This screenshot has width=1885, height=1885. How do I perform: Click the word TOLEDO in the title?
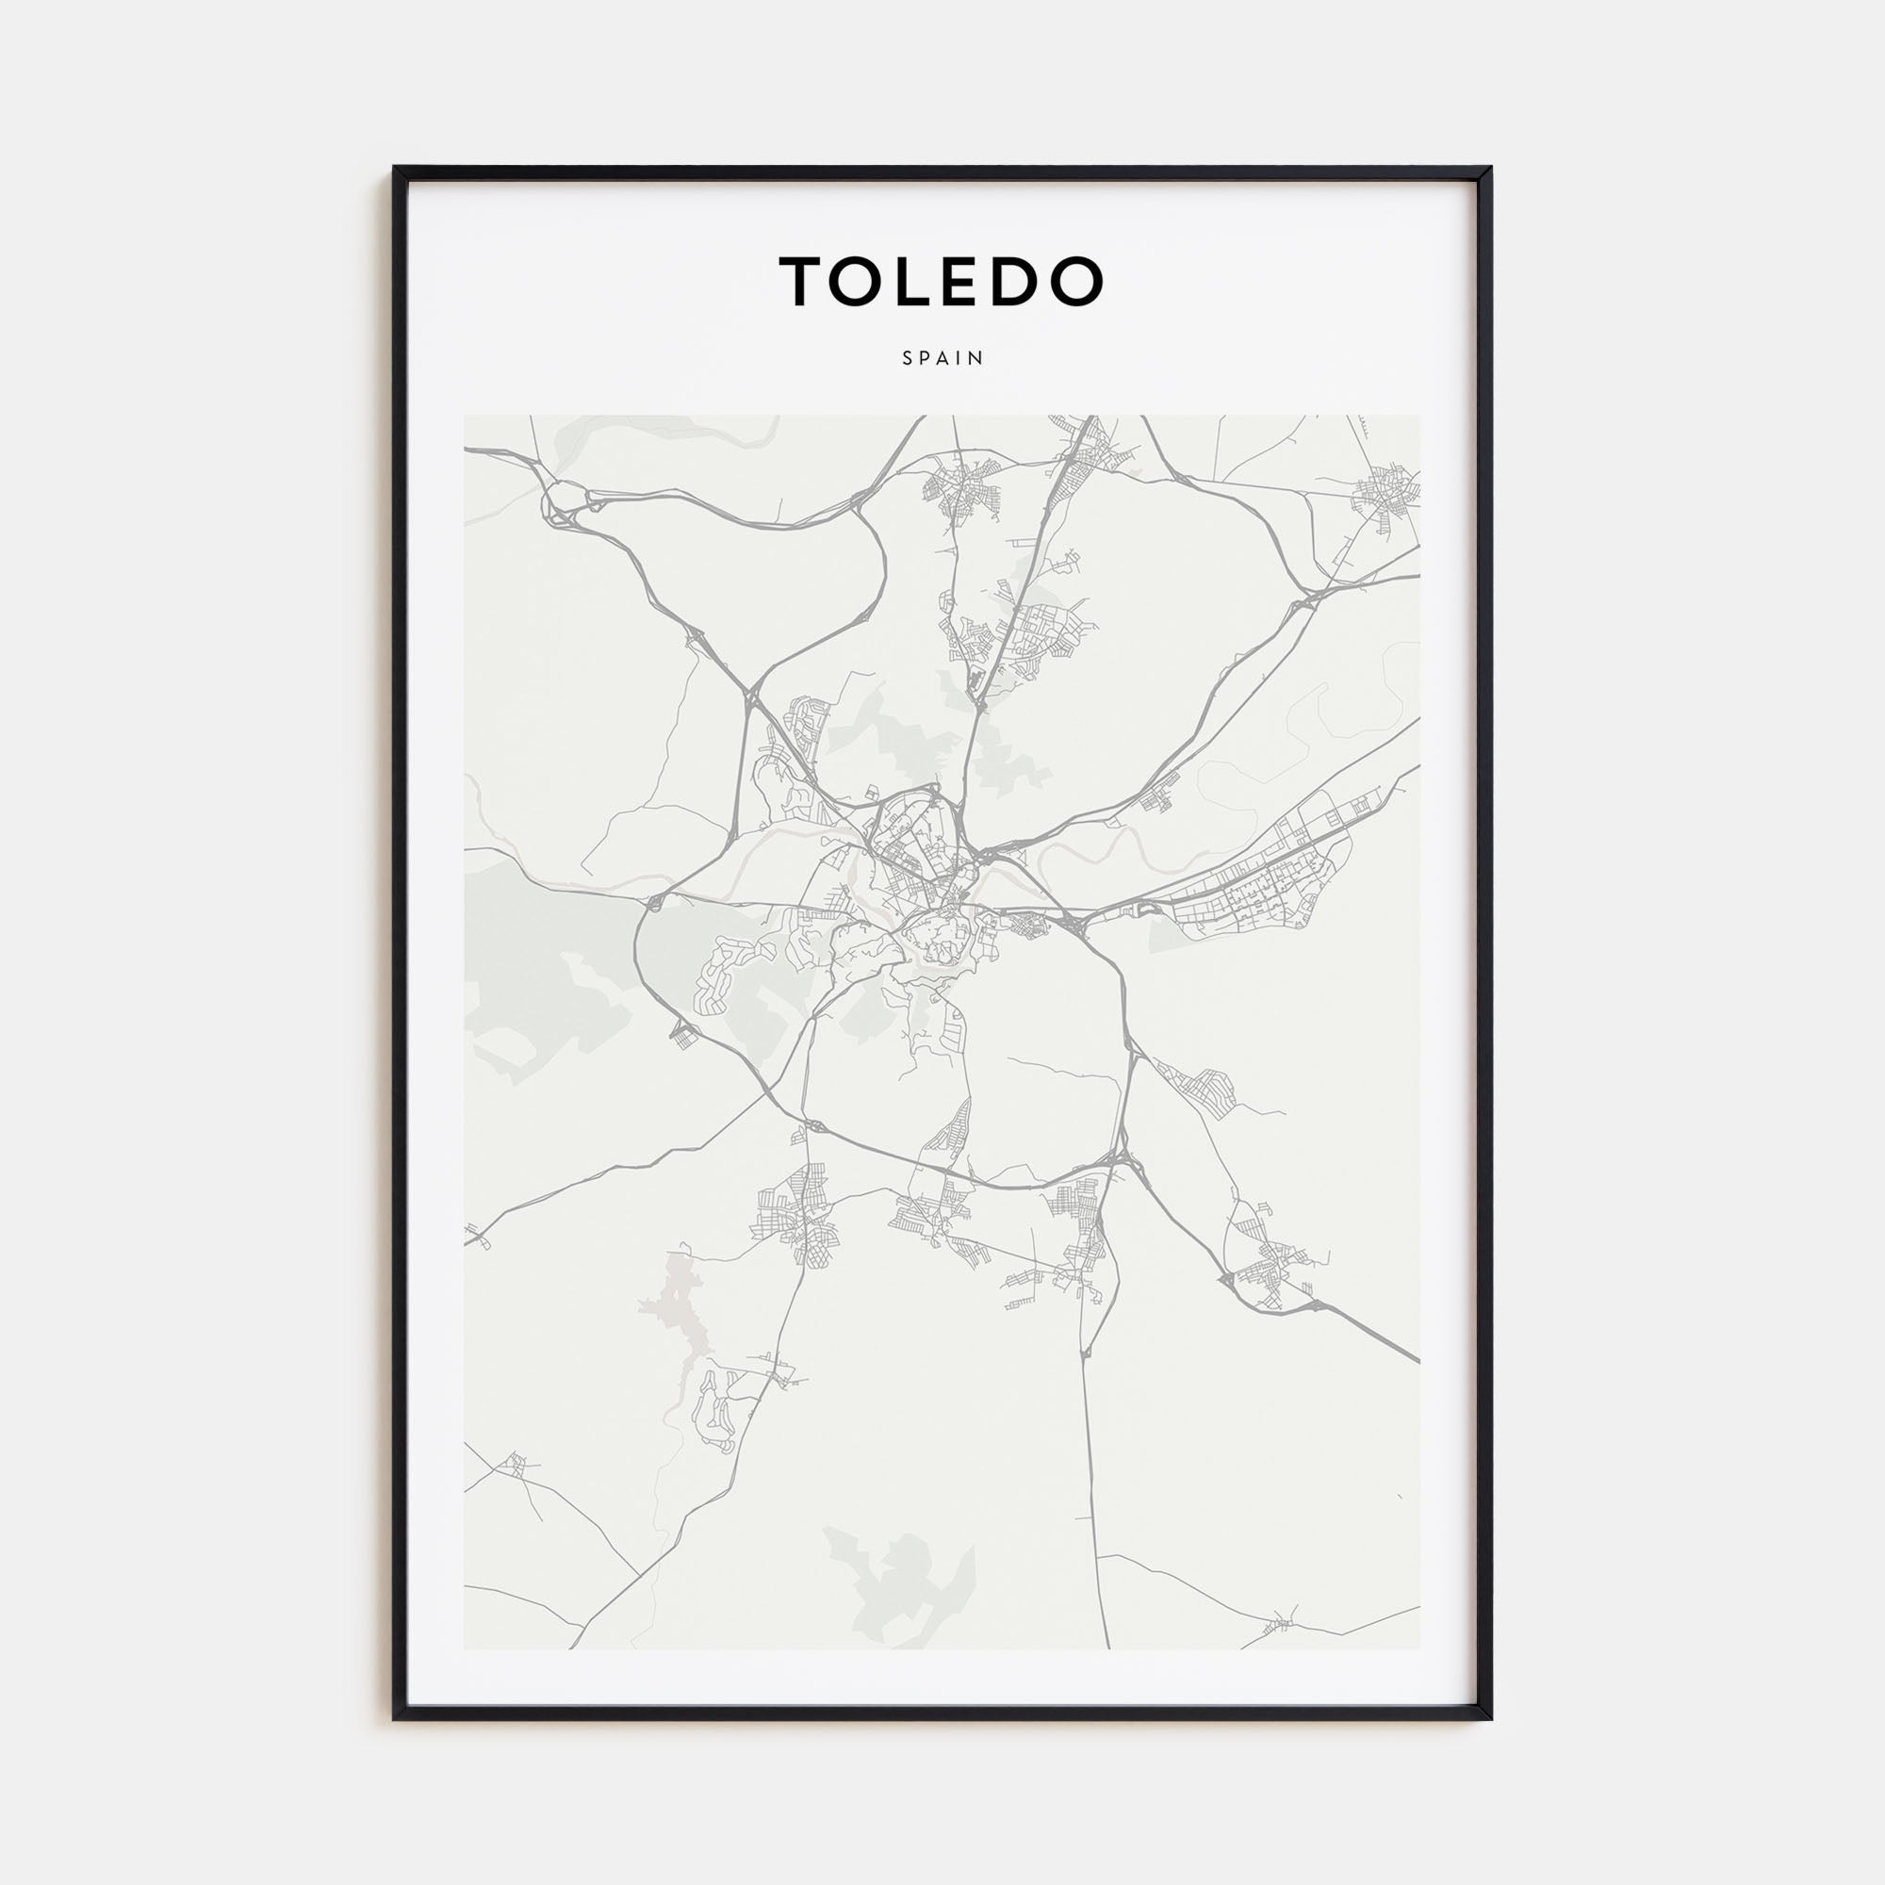(942, 281)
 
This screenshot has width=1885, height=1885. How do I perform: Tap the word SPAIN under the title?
(942, 358)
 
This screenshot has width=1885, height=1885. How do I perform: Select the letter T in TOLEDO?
(803, 281)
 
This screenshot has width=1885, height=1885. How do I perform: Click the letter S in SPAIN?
(908, 358)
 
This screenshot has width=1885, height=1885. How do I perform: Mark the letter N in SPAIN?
(977, 358)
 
